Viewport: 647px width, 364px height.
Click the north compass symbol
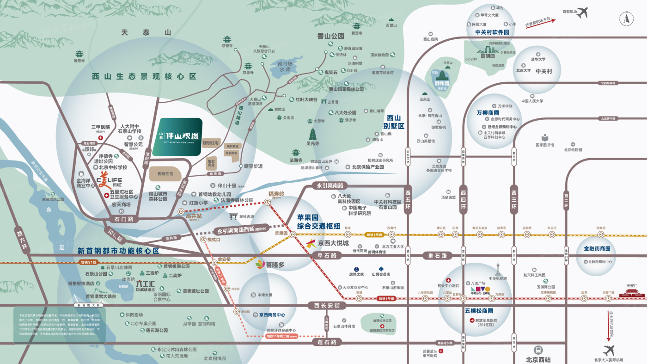coord(627,19)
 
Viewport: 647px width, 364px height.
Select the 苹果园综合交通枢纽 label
coord(318,222)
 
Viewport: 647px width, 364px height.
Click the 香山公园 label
coord(331,36)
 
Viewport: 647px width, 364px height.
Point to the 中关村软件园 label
coord(492,32)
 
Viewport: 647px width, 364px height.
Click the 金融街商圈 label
coord(597,249)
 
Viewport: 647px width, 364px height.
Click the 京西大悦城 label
coord(333,243)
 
